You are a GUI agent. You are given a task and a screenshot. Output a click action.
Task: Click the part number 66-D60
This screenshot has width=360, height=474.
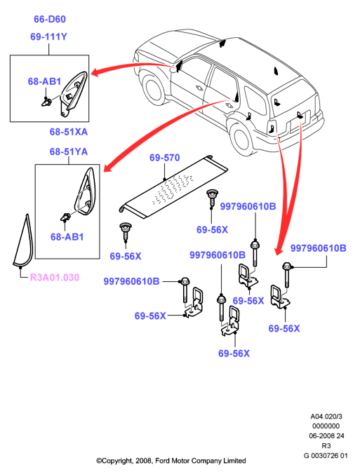[x=50, y=19]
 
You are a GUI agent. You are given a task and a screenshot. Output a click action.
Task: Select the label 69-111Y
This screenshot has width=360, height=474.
[x=48, y=36]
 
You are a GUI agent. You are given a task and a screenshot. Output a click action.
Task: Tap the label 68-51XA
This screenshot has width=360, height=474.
[x=69, y=132]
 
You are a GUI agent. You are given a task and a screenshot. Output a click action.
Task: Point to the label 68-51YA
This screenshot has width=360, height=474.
[x=69, y=151]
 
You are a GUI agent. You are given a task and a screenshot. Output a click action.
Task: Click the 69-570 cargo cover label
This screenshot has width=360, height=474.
[x=165, y=158]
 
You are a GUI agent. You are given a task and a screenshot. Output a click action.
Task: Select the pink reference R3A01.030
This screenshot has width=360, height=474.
[x=55, y=277]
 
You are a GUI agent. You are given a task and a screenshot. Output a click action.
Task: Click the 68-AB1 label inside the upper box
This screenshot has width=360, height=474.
[x=44, y=81]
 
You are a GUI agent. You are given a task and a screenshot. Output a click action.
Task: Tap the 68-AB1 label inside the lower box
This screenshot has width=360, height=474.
[x=67, y=237]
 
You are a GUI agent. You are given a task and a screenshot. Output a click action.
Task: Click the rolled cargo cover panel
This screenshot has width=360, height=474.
[x=173, y=187]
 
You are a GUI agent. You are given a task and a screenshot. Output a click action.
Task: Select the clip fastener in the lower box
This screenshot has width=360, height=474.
[x=66, y=217]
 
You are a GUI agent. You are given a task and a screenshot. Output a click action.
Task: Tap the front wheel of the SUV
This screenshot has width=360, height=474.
[x=155, y=90]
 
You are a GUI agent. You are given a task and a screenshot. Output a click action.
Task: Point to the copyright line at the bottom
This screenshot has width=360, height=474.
[x=171, y=461]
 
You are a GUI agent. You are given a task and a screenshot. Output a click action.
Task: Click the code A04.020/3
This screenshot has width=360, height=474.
[x=326, y=417]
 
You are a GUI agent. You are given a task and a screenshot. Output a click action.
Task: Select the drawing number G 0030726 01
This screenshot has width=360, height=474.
[x=326, y=455]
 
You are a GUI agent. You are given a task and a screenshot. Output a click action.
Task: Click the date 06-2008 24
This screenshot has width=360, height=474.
[x=326, y=435]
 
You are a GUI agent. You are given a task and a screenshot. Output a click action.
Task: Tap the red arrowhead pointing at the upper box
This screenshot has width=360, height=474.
[x=95, y=72]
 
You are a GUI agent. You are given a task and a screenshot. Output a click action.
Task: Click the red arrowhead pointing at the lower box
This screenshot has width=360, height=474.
[x=108, y=168]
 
